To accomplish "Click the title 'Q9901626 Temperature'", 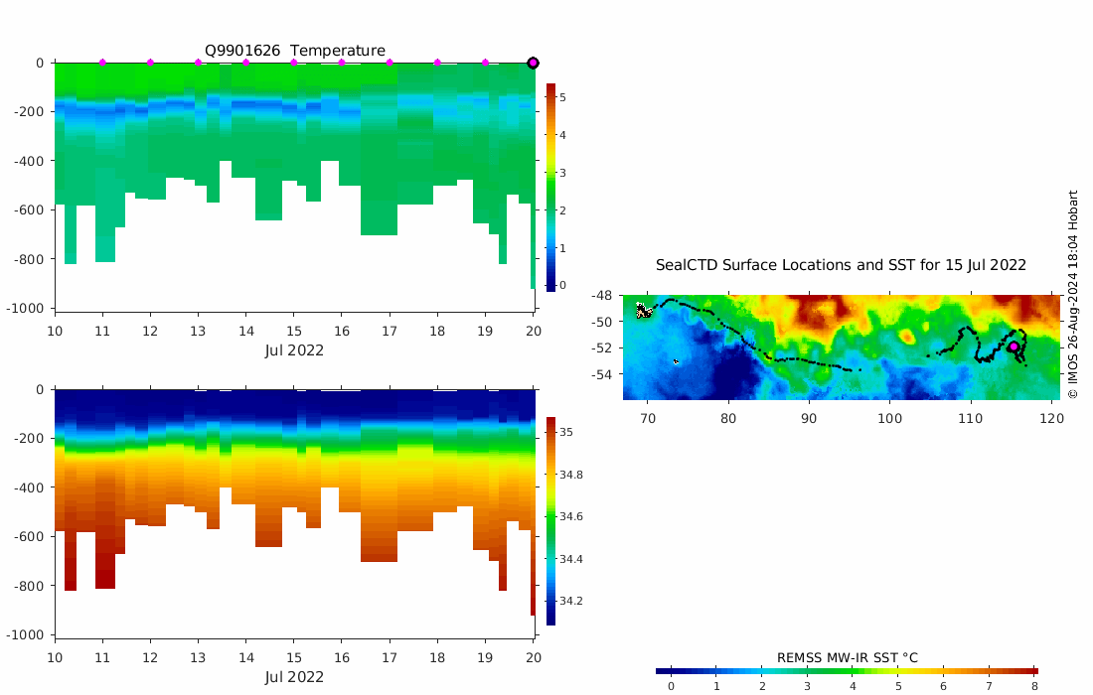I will [x=295, y=51].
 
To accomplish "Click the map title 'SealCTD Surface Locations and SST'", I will [x=841, y=265].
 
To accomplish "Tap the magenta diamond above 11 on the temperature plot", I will [x=102, y=63].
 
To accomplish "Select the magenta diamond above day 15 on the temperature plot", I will [x=294, y=63].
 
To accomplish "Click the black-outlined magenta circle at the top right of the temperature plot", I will [x=533, y=63].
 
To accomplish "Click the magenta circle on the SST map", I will [x=1014, y=347].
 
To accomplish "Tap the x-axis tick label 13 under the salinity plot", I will [x=198, y=657].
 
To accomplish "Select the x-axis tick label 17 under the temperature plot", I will [x=390, y=330].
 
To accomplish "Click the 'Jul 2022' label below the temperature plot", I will [x=294, y=349].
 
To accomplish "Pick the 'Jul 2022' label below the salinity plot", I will [x=294, y=677].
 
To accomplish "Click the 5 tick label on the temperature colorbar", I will [x=562, y=97].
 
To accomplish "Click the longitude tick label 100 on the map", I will [x=889, y=418].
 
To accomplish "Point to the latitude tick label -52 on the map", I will [x=603, y=348].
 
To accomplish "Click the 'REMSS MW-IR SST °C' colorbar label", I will [x=847, y=657].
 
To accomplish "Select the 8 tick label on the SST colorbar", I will [x=1034, y=686].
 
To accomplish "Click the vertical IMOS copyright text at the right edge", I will [x=1072, y=295].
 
